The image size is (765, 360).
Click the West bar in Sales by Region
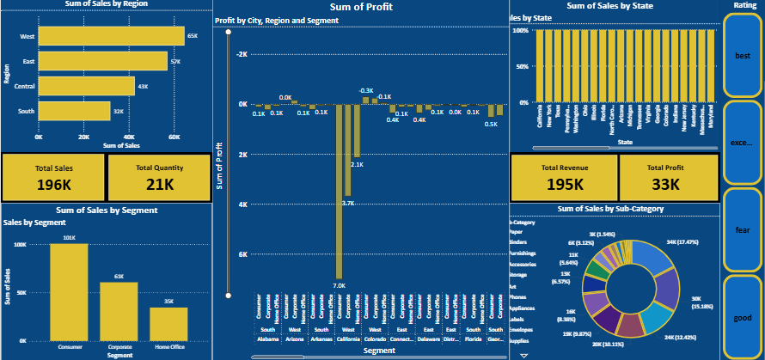[112, 36]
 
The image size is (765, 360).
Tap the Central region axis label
[25, 87]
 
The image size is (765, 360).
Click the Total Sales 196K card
[53, 177]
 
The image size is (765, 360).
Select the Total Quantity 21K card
[159, 177]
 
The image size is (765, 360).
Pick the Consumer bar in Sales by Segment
[69, 292]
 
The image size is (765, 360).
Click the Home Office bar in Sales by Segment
[168, 323]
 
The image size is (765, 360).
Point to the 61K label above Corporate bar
[119, 277]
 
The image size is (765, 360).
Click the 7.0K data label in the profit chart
[339, 285]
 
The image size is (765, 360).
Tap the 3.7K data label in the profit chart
[347, 203]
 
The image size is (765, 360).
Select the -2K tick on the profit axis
[242, 54]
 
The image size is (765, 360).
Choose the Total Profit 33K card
[668, 177]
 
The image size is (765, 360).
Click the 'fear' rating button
[743, 229]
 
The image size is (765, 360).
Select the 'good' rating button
[743, 317]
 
